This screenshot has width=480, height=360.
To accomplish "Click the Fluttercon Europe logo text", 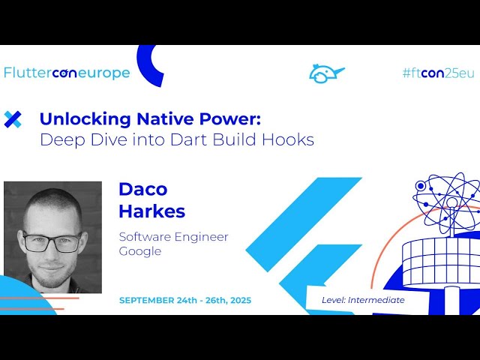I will coord(67,73).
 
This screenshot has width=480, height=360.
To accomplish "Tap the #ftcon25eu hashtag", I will coord(438,73).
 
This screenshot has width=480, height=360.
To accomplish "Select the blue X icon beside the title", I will coord(13,118).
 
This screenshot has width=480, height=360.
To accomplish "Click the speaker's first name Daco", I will coord(142,189).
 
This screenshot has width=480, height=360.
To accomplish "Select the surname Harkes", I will coord(151,211).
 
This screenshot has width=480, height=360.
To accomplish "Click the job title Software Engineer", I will coord(173,237).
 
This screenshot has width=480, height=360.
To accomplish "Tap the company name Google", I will coord(140,251).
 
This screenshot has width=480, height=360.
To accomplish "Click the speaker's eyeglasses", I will coord(52,241).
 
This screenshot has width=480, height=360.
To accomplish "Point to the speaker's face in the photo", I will coord(52,240).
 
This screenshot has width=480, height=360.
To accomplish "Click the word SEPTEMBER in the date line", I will coord(149,300).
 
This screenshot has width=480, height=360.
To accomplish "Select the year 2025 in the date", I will coord(235,300).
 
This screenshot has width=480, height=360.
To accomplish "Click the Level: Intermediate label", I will coord(363,300).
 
